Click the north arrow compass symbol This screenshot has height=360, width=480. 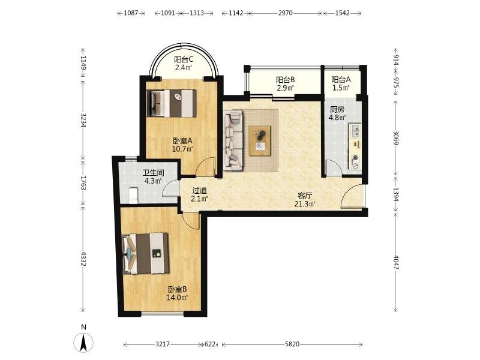[x=83, y=342]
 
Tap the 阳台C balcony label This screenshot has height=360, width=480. [x=184, y=59]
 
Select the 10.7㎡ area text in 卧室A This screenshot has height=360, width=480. [x=183, y=149]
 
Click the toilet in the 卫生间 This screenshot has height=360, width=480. [x=133, y=196]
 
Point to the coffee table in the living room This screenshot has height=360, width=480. [x=260, y=141]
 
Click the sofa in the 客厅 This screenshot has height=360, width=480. [x=233, y=140]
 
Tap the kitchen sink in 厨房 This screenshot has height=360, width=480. [x=355, y=130]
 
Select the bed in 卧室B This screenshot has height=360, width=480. [x=146, y=253]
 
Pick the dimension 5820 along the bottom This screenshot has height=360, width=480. [x=292, y=344]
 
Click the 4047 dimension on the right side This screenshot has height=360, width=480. [x=395, y=262]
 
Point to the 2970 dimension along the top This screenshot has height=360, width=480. [x=286, y=13]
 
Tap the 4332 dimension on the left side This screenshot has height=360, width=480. [x=83, y=259]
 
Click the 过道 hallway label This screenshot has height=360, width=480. [x=200, y=191]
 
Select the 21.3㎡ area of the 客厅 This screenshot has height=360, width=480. [x=305, y=204]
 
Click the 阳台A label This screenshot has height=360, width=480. [x=341, y=80]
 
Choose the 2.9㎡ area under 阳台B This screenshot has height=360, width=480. [x=286, y=88]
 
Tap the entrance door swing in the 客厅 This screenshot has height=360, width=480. [x=352, y=197]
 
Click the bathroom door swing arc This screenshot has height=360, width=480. [x=170, y=188]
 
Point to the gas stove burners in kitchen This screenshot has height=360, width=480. [x=355, y=161]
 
